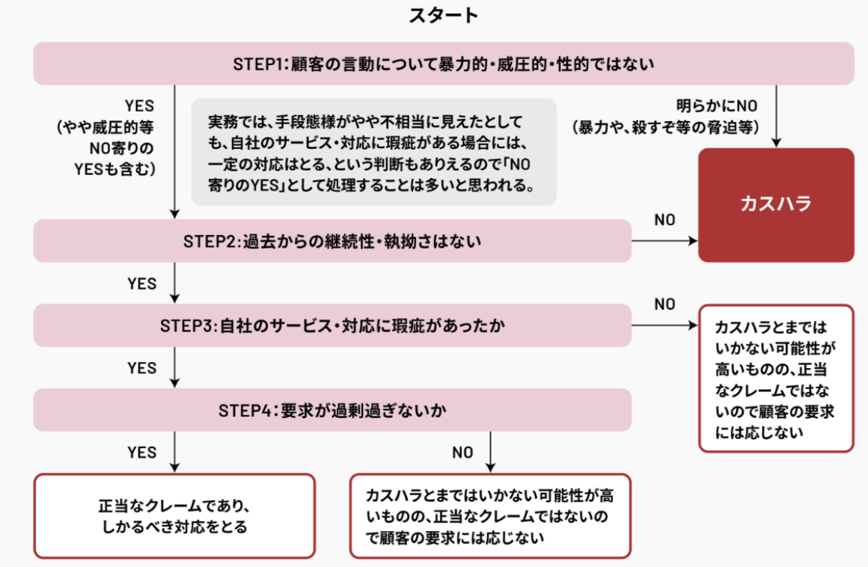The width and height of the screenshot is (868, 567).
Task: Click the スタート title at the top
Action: coord(443,16)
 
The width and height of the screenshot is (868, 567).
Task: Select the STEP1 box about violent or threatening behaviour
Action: coord(444,64)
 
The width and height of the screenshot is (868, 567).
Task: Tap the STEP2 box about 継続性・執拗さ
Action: coord(332,241)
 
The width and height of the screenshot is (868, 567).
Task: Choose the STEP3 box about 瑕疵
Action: coord(332,325)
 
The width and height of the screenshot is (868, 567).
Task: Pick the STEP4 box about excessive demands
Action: coord(332,410)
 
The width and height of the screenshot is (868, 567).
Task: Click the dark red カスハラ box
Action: coord(776,204)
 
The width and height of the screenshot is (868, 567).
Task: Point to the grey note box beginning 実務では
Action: coord(374,152)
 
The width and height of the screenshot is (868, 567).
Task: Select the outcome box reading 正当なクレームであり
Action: coord(174,516)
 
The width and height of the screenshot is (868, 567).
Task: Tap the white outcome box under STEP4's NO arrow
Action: coord(490,516)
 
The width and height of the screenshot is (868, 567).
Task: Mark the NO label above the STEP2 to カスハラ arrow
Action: coord(664,220)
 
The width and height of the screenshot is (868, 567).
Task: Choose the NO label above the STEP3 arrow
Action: coord(664,304)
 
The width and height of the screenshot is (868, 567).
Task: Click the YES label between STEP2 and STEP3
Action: coord(142,283)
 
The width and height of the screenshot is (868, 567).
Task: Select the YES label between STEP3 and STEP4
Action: coord(142,368)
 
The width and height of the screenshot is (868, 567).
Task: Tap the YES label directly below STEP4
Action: coord(142,452)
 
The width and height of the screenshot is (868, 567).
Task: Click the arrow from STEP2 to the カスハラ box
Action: coord(664,241)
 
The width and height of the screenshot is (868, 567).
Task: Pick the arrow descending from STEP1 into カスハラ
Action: coord(778,116)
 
